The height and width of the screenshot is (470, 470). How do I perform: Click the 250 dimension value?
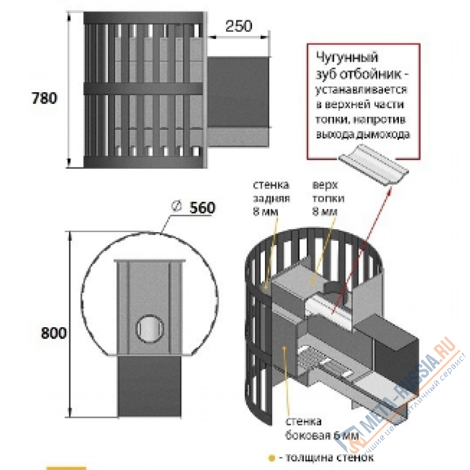pos(238,26)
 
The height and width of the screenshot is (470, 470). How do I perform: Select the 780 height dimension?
pos(44,98)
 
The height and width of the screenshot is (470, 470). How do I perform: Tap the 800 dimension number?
pos(53,333)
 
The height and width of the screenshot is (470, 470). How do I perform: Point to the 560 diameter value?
pos(203,207)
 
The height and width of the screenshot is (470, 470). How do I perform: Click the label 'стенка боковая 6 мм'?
pos(320,429)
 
